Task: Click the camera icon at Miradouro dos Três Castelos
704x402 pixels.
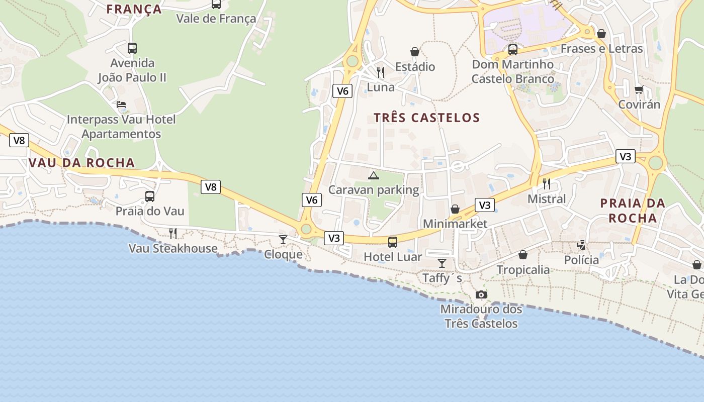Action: (x=481, y=295)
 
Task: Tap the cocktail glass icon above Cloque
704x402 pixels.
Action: (x=283, y=240)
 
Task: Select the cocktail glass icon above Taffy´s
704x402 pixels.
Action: (x=442, y=263)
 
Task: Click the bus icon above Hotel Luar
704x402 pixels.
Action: (x=393, y=242)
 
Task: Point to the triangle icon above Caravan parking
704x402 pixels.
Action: (x=373, y=175)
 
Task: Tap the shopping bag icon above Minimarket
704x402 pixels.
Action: (x=455, y=209)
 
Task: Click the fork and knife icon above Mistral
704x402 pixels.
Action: (x=547, y=184)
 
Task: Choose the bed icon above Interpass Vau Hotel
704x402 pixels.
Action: (x=121, y=105)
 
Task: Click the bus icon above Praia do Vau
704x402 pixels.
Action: (x=150, y=196)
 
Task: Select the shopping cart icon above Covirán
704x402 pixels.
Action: (x=639, y=90)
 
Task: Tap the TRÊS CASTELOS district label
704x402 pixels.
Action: (x=427, y=118)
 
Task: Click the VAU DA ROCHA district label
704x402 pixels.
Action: (x=82, y=163)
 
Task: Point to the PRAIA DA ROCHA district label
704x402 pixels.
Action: (x=633, y=211)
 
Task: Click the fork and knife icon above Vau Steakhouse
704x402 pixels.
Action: (x=173, y=234)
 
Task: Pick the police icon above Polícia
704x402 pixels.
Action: (x=582, y=245)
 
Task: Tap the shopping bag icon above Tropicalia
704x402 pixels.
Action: (x=523, y=255)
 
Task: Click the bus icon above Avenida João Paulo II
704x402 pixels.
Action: (x=132, y=48)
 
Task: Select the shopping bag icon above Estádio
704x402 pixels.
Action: (x=415, y=52)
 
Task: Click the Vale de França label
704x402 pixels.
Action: (x=216, y=19)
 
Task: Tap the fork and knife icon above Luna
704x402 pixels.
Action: (x=381, y=72)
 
